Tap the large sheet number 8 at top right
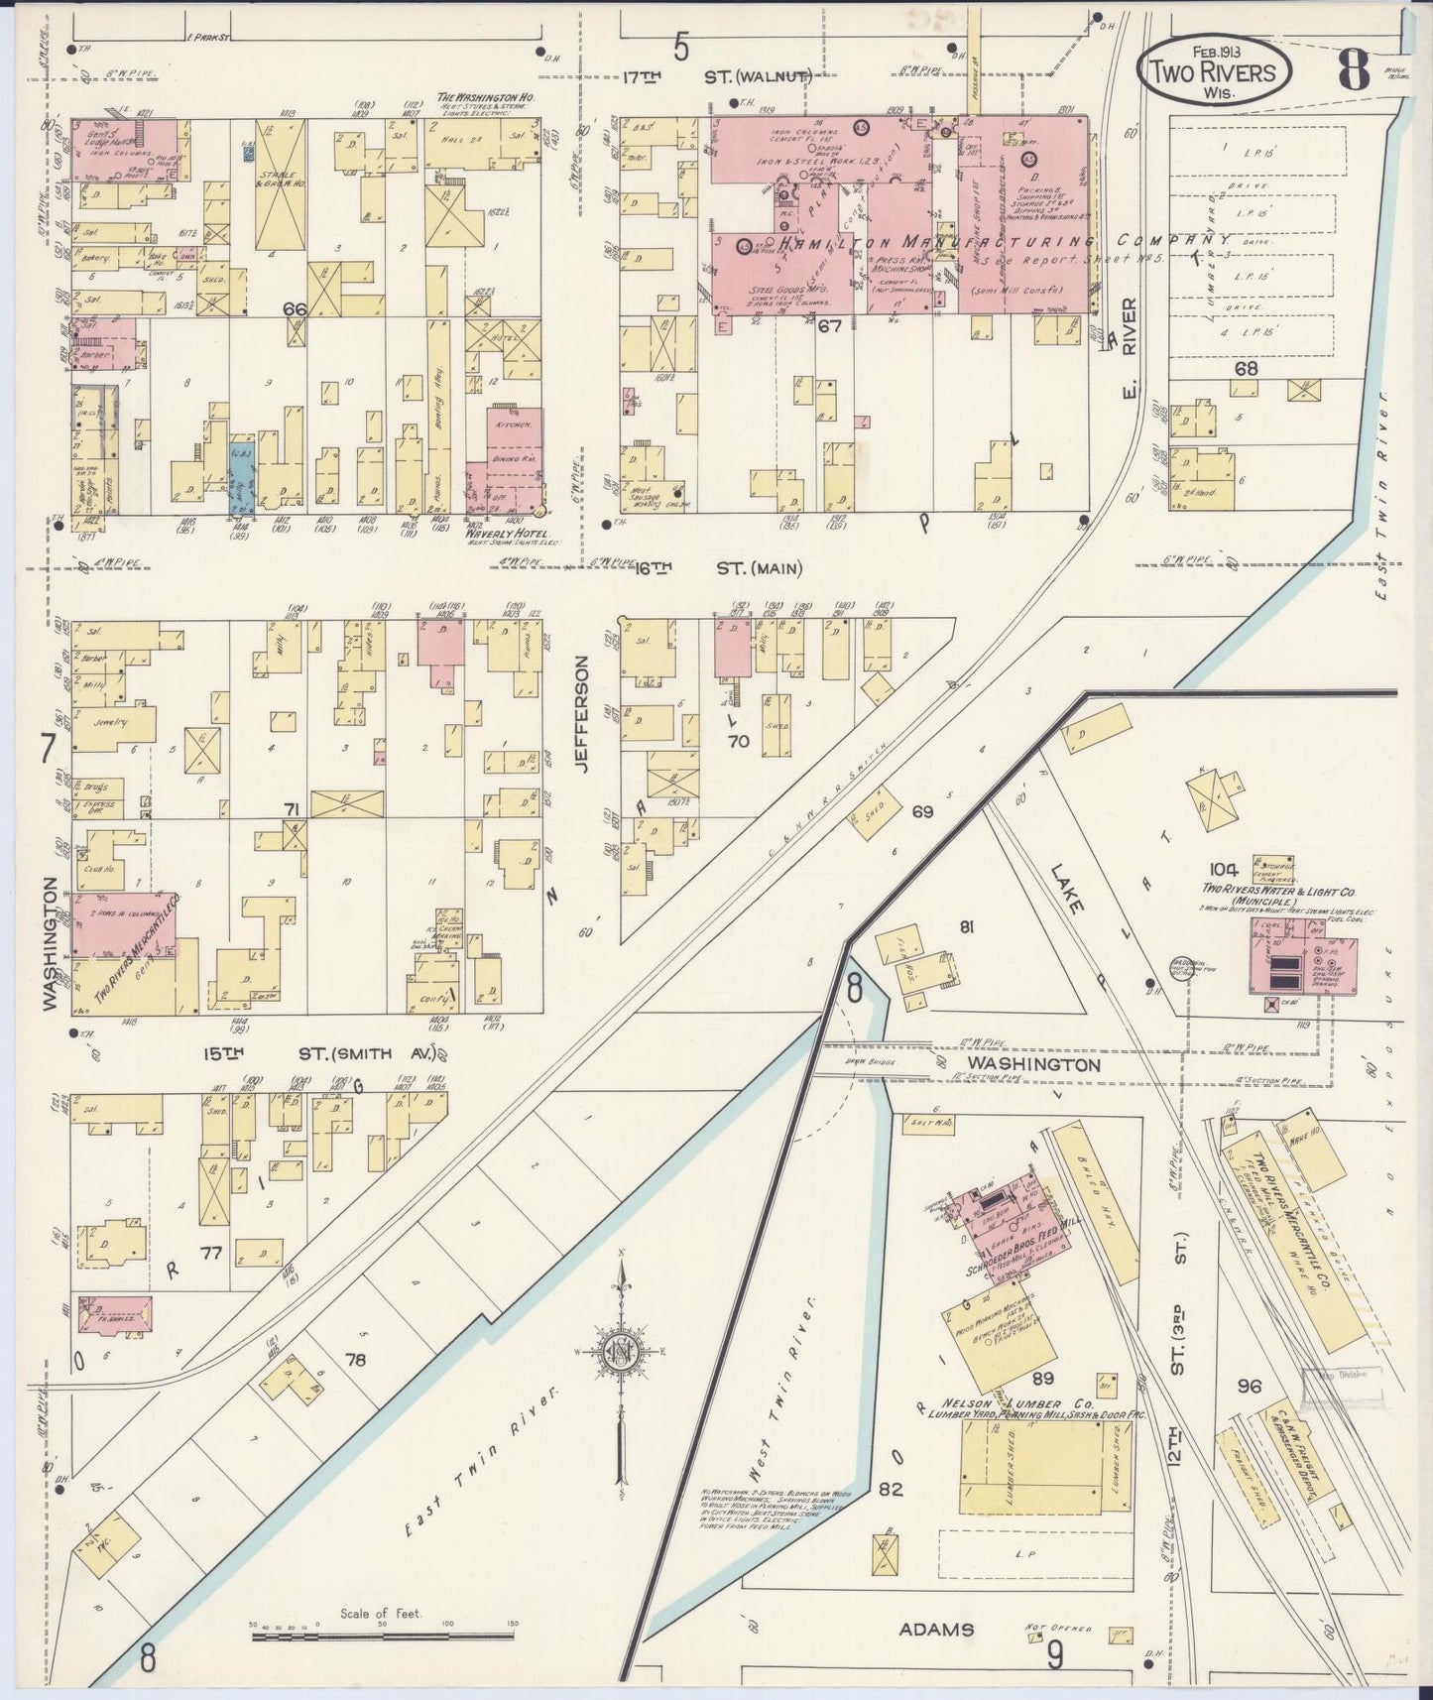(1354, 70)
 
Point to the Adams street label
(936, 1629)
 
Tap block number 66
(294, 309)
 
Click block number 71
(291, 810)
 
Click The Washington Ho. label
(472, 98)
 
